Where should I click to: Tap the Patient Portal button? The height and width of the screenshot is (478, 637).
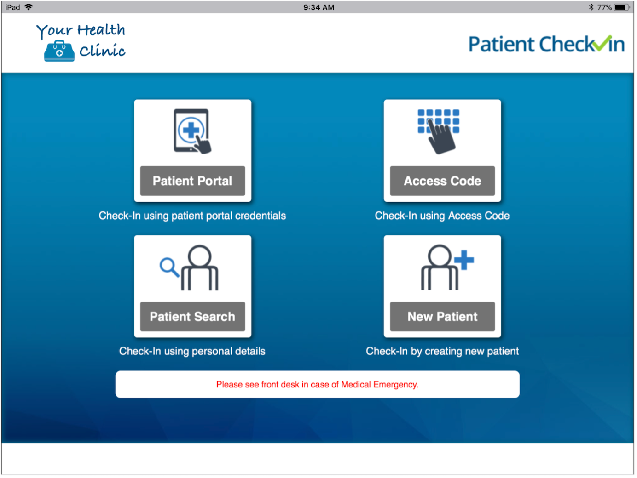[192, 181]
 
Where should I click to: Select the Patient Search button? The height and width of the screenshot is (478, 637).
[192, 316]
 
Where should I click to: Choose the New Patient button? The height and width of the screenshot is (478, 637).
[442, 316]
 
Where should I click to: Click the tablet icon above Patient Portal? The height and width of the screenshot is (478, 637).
[192, 131]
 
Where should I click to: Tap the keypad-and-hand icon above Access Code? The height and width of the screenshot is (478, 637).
[439, 131]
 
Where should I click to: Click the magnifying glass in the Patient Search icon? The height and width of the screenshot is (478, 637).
[168, 267]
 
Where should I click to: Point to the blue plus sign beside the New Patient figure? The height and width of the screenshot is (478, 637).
[464, 260]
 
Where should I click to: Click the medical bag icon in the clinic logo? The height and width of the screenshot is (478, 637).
[59, 51]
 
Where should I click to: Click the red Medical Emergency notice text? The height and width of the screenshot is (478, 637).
[317, 385]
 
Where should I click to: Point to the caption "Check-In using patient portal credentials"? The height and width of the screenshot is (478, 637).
[192, 216]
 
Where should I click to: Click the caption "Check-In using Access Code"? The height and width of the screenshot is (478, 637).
[442, 216]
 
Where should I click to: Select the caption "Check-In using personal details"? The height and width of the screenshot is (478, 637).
[192, 351]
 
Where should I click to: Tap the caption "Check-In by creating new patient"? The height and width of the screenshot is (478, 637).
[442, 351]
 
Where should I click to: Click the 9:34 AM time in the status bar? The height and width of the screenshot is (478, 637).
[318, 7]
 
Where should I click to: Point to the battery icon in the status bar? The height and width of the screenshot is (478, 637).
[621, 7]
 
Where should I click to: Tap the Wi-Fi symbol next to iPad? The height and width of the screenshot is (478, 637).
[29, 7]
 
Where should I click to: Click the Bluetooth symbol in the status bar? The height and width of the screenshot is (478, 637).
[591, 7]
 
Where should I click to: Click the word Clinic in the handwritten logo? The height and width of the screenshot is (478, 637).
[102, 51]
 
